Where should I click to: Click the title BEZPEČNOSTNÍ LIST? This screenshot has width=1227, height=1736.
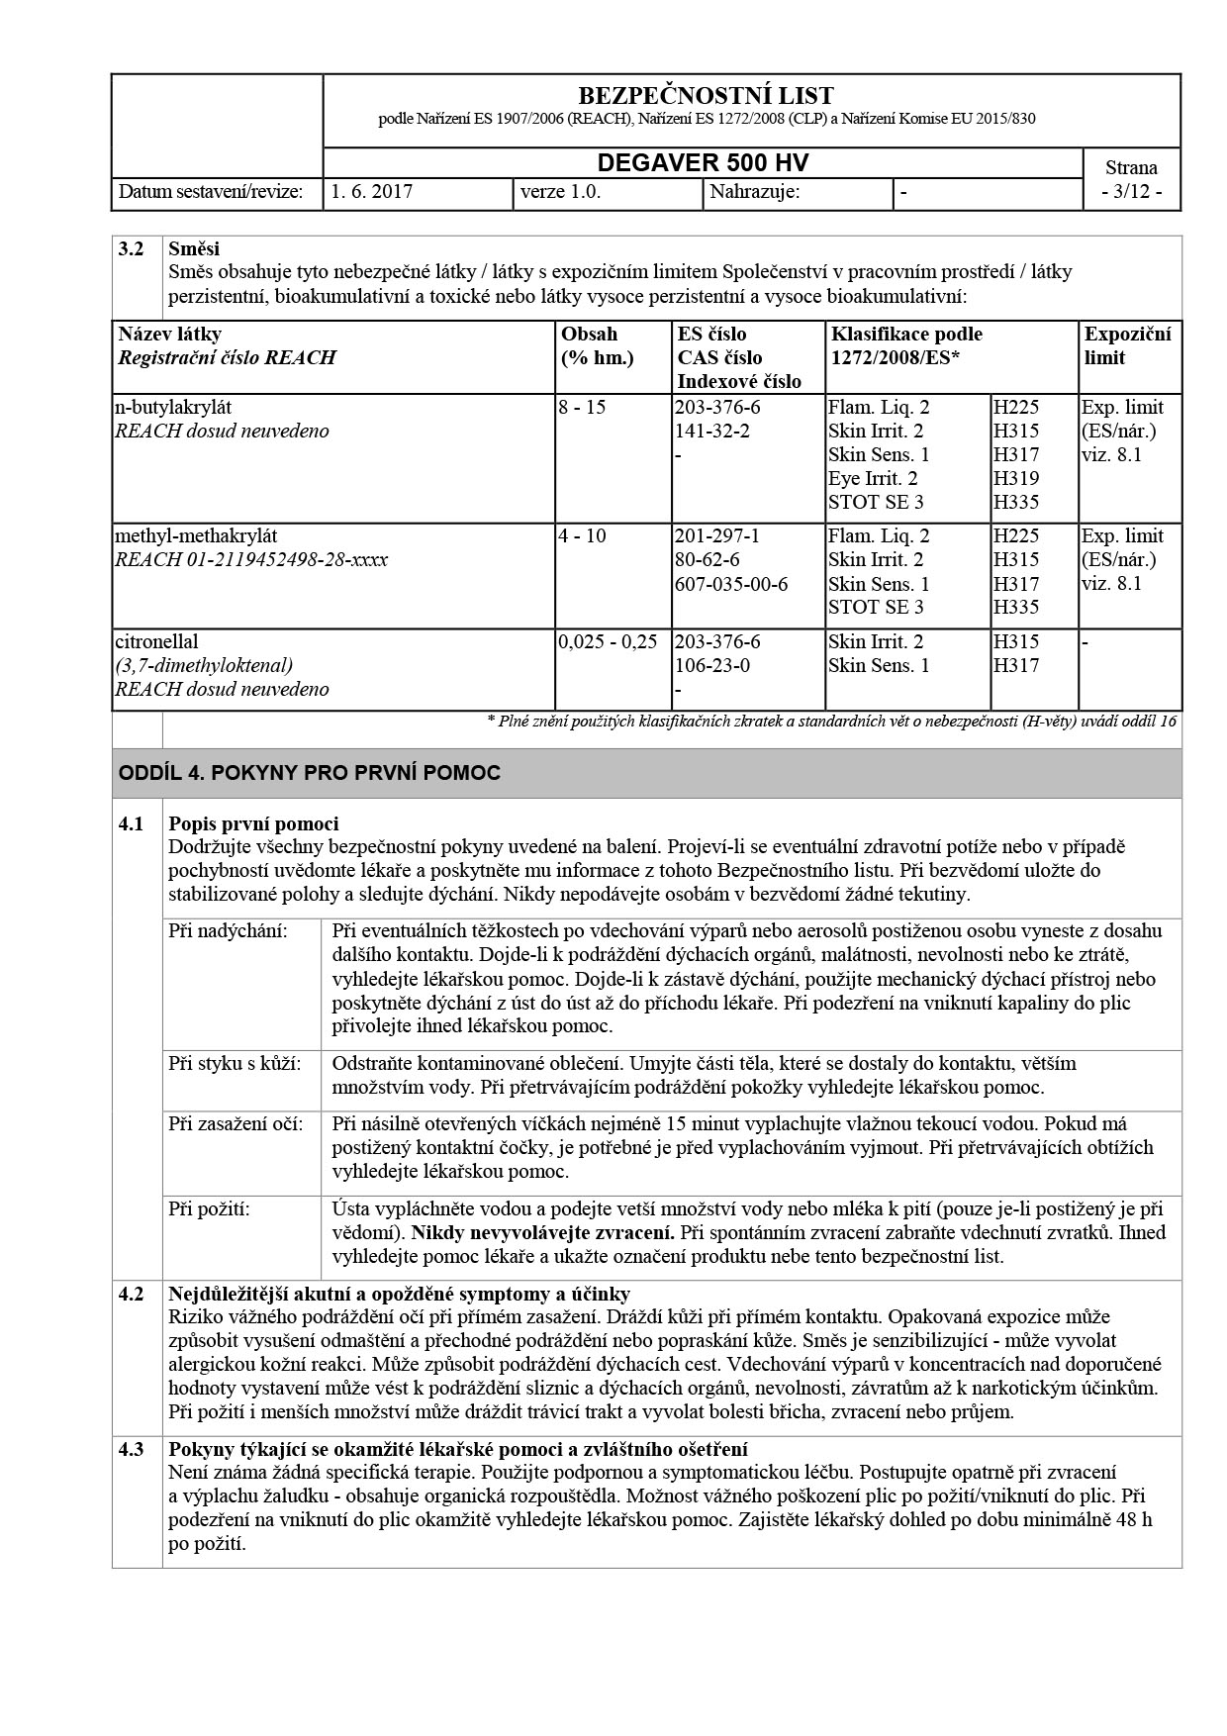[x=706, y=96]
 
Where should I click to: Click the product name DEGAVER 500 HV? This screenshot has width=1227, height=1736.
[x=703, y=163]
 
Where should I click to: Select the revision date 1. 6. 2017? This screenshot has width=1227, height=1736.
[x=372, y=192]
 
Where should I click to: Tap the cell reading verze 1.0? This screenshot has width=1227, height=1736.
[x=560, y=192]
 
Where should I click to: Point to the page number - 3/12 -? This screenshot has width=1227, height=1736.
[x=1131, y=192]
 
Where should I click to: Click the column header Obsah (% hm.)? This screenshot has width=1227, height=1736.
[x=598, y=345]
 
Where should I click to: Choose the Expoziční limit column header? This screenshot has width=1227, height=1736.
[x=1127, y=345]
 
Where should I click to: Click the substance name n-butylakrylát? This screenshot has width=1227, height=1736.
[x=173, y=407]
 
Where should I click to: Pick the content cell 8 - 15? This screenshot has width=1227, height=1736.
[x=582, y=407]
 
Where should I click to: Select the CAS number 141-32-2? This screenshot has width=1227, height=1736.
[x=711, y=431]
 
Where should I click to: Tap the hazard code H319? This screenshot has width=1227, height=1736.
[x=1016, y=478]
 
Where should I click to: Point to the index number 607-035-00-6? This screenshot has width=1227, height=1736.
[x=731, y=583]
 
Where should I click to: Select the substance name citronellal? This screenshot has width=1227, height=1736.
[x=156, y=641]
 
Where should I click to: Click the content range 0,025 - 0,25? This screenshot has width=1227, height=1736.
[x=608, y=641]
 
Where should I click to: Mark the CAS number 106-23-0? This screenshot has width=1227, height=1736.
[x=711, y=665]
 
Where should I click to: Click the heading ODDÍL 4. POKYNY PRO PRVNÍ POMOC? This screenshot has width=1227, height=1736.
[x=310, y=773]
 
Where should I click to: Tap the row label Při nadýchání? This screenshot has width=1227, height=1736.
[x=228, y=931]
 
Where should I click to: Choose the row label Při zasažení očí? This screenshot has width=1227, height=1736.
[x=236, y=1124]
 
